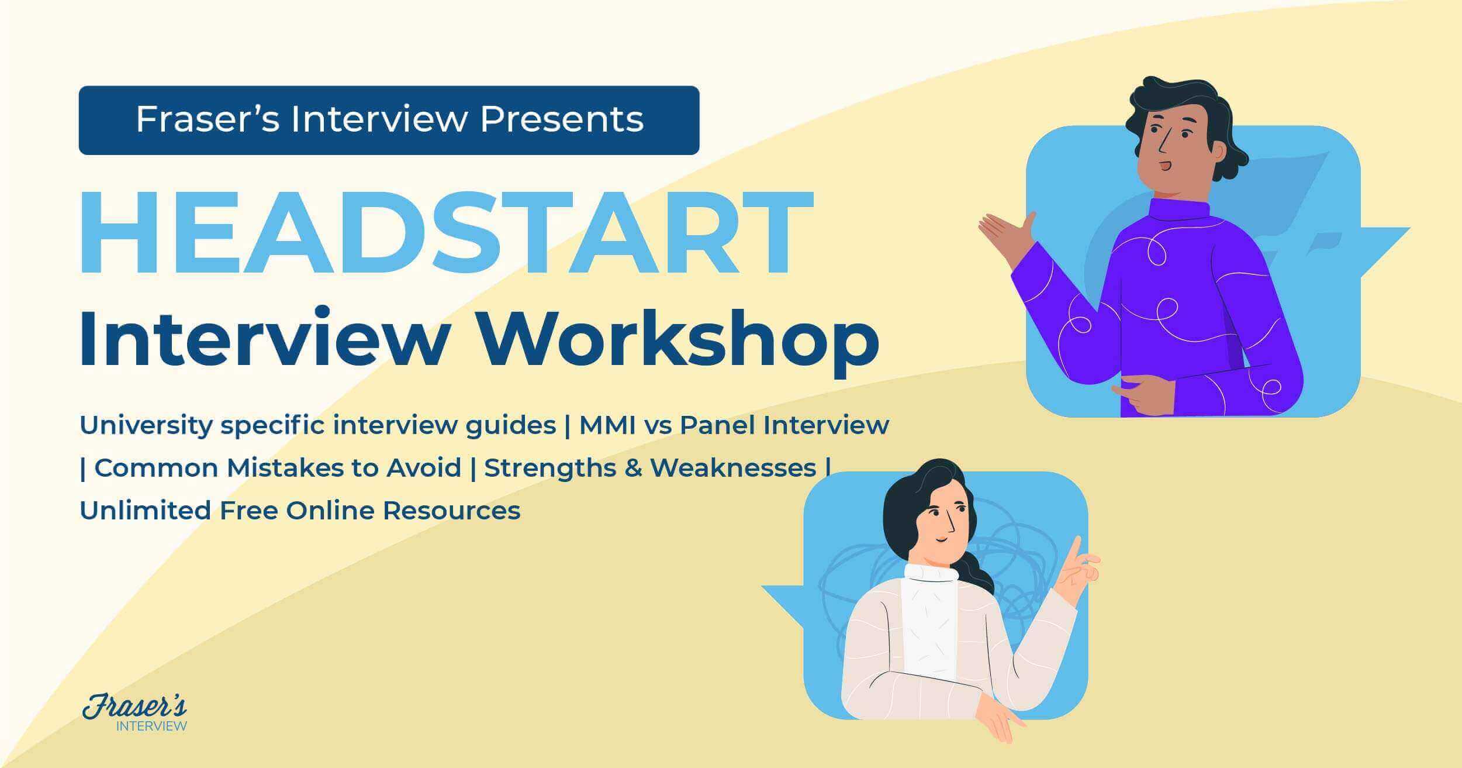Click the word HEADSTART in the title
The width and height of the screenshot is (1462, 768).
[445, 233]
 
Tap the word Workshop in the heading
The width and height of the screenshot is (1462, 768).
[679, 339]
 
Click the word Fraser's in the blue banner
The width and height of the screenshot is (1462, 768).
[208, 119]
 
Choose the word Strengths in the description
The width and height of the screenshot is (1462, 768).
[549, 468]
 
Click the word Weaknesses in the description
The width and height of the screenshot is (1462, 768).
[733, 468]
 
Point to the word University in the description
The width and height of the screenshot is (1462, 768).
[146, 425]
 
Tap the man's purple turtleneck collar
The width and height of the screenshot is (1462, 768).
[1178, 209]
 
